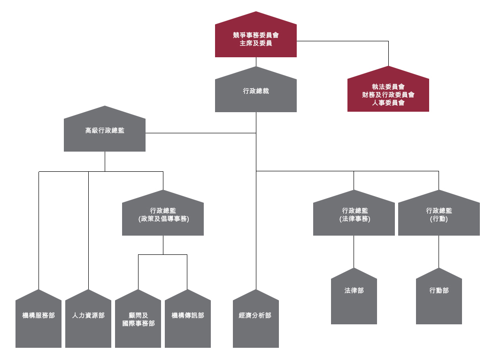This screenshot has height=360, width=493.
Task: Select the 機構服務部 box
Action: [39, 319]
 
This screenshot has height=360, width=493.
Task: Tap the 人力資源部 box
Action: [88, 319]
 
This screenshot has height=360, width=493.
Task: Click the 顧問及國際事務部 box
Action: [138, 319]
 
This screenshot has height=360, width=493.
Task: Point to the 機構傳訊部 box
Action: [188, 319]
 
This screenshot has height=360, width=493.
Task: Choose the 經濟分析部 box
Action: [255, 319]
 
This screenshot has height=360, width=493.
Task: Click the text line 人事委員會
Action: [388, 102]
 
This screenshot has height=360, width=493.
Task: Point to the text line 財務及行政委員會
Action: [388, 94]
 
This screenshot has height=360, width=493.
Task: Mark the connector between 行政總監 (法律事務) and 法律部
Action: [354, 252]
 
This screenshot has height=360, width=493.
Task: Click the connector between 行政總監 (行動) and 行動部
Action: [439, 252]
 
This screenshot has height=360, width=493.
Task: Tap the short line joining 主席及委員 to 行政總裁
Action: [256, 61]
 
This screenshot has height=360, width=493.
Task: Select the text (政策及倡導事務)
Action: [163, 219]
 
